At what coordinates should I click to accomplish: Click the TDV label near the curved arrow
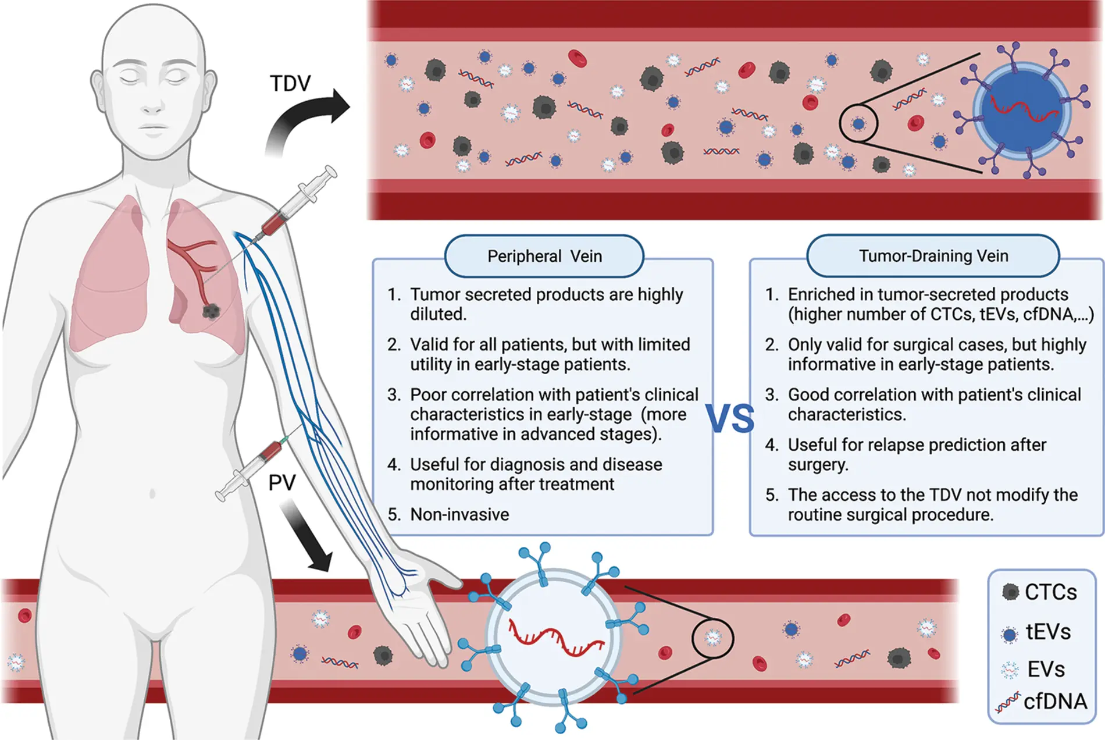click(x=290, y=84)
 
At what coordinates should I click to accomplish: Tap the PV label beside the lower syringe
click(x=282, y=483)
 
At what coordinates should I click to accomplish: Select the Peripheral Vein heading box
click(x=544, y=256)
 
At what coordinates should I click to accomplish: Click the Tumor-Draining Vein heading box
click(x=933, y=256)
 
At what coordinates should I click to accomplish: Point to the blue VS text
click(x=730, y=419)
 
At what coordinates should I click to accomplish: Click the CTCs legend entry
click(x=1050, y=592)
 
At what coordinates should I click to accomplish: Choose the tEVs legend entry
click(x=1047, y=632)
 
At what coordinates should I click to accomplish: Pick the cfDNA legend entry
click(x=1054, y=702)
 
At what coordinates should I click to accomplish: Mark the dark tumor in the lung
click(x=211, y=311)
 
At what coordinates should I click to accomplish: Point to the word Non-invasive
click(x=459, y=514)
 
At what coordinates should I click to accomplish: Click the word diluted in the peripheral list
click(x=438, y=314)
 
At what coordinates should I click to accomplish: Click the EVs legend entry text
click(x=1046, y=670)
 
